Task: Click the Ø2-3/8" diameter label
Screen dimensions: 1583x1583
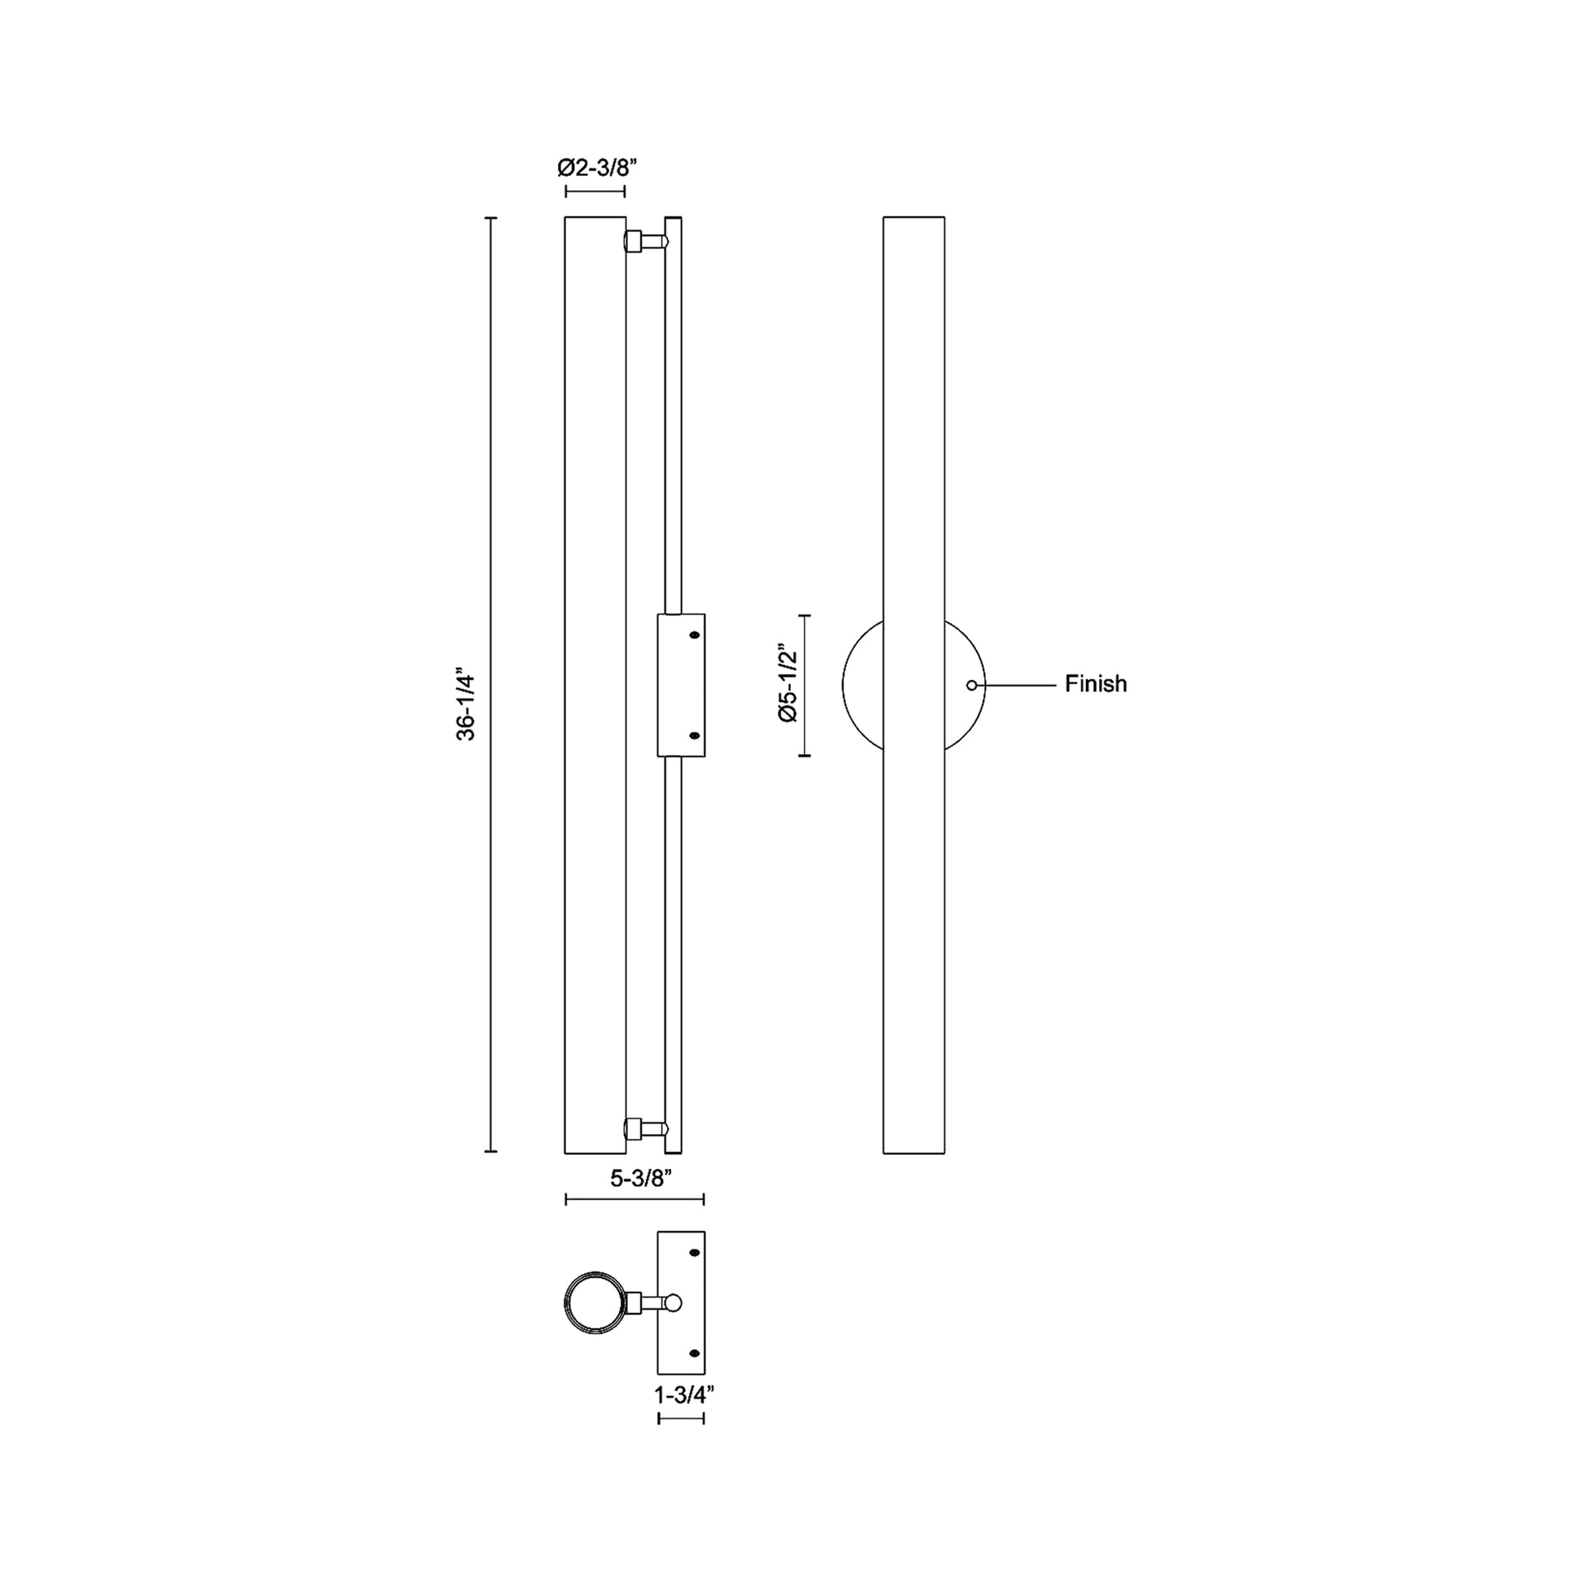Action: (x=596, y=168)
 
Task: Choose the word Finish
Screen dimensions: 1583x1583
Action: (x=1096, y=683)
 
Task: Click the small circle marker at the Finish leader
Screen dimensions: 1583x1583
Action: (x=972, y=685)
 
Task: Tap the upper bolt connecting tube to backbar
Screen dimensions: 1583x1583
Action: (x=647, y=242)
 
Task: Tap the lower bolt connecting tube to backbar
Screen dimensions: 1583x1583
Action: (x=647, y=1128)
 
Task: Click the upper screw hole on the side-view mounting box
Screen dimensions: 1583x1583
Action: (x=696, y=635)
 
